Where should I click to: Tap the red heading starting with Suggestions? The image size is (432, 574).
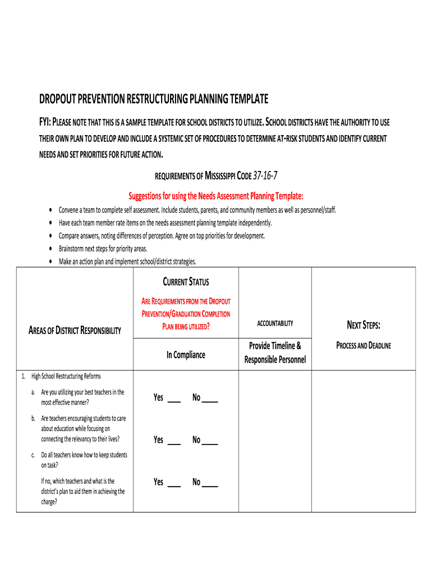pos(215,196)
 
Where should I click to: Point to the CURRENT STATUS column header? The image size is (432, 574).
pos(186,282)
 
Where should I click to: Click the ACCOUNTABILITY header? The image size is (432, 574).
pos(275,323)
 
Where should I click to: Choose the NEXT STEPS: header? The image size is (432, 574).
pos(364,325)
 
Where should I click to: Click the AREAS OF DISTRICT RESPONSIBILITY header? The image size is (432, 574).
pos(75,331)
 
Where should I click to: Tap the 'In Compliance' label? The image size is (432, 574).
pos(186,355)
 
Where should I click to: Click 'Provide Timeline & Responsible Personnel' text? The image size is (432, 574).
pos(275,353)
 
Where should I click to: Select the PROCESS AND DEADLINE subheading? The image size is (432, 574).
pos(364,346)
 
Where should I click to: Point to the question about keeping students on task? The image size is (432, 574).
pos(84,460)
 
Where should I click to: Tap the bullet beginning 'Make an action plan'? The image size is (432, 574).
pos(127,262)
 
